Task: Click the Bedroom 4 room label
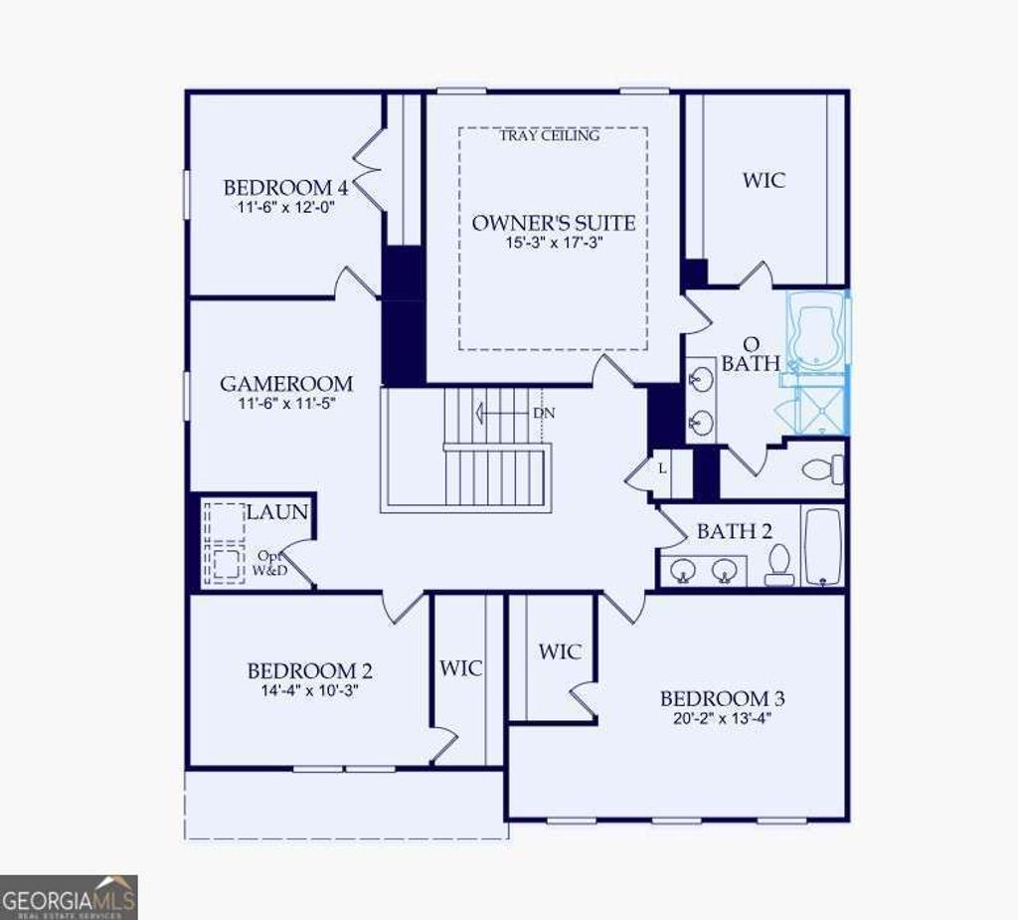(277, 187)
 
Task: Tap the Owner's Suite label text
(553, 223)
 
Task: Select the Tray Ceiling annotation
(550, 135)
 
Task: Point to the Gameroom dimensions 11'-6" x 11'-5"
(286, 403)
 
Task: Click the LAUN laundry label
(277, 512)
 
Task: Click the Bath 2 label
(734, 531)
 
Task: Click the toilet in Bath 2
(779, 565)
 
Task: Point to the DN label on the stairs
(544, 413)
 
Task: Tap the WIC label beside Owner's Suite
(763, 180)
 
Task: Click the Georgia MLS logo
(69, 896)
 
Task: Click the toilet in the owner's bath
(823, 468)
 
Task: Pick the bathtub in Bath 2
(822, 548)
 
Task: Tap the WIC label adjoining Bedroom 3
(560, 651)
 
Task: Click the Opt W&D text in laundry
(271, 563)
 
